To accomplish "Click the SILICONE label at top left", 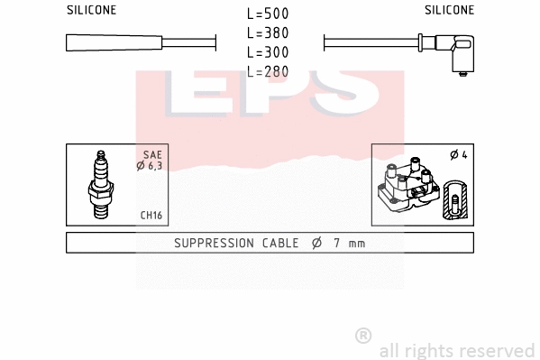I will click(x=91, y=10).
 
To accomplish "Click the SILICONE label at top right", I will click(x=449, y=10).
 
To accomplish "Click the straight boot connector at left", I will click(x=114, y=42).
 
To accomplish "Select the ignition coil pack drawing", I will click(x=411, y=187).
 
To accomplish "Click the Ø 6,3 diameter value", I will click(x=149, y=166).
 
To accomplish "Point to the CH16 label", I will click(x=151, y=215).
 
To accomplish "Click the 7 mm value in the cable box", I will click(x=348, y=243).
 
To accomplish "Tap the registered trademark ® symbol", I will click(x=363, y=335).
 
